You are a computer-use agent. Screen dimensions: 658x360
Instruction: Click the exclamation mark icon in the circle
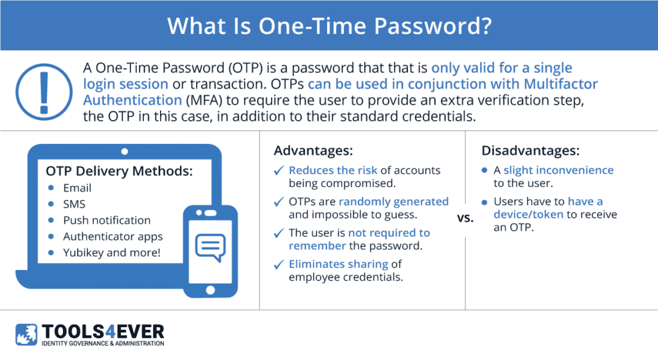pyautogui.click(x=44, y=92)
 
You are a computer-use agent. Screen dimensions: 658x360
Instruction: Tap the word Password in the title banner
pyautogui.click(x=432, y=26)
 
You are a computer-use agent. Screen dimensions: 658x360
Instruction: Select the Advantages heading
pyautogui.click(x=314, y=150)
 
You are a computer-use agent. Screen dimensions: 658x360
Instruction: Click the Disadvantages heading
pyautogui.click(x=530, y=150)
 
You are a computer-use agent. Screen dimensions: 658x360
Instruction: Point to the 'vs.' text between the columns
pyautogui.click(x=465, y=218)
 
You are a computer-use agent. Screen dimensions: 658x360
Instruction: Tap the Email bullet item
pyautogui.click(x=77, y=188)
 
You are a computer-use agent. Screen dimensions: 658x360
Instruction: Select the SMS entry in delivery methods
pyautogui.click(x=75, y=204)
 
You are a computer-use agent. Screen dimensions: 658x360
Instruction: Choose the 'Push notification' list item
pyautogui.click(x=107, y=221)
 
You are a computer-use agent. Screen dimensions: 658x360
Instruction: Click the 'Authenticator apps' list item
pyautogui.click(x=113, y=237)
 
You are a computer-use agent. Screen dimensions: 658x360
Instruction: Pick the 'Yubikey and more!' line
pyautogui.click(x=112, y=253)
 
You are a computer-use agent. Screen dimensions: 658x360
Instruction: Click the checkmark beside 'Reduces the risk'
pyautogui.click(x=279, y=170)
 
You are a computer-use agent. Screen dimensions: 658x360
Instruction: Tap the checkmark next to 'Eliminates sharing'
pyautogui.click(x=279, y=264)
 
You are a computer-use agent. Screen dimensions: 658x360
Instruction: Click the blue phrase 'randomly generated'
pyautogui.click(x=394, y=202)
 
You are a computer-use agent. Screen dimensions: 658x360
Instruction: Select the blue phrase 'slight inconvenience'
pyautogui.click(x=558, y=170)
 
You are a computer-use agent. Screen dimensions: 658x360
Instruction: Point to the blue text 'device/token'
pyautogui.click(x=528, y=215)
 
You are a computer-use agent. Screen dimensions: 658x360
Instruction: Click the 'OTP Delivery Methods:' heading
pyautogui.click(x=119, y=171)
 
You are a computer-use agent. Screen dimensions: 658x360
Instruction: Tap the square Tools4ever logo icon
pyautogui.click(x=26, y=334)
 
